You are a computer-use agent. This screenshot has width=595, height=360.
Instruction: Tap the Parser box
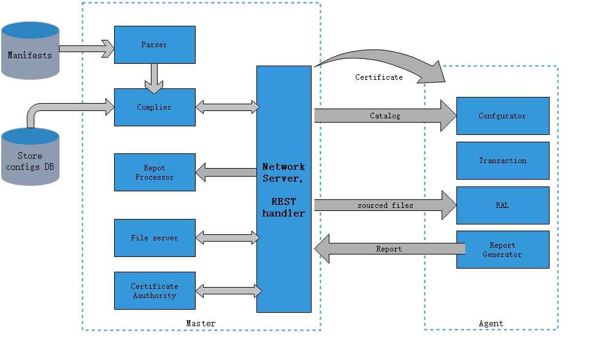click(x=155, y=45)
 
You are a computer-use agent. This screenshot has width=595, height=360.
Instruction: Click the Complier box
click(x=155, y=107)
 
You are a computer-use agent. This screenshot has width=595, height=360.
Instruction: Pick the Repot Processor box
click(x=155, y=172)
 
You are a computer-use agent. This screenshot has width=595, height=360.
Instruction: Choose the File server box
click(x=155, y=238)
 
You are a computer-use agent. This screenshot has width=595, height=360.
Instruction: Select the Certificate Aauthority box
click(x=155, y=291)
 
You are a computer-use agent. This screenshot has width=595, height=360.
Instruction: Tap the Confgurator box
click(x=502, y=116)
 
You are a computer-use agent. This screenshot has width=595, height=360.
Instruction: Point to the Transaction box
click(x=502, y=161)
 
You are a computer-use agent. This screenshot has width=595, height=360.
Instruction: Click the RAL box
click(x=502, y=205)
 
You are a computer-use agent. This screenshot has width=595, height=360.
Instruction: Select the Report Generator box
click(x=502, y=250)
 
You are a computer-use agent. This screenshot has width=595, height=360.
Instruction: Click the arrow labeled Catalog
click(x=385, y=116)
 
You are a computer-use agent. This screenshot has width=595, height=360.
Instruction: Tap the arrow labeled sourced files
click(x=385, y=205)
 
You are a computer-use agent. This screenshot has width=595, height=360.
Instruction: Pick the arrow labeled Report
click(x=389, y=249)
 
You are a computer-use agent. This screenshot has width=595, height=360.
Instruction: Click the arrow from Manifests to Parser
click(x=86, y=49)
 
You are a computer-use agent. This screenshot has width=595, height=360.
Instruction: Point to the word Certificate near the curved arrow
click(x=379, y=77)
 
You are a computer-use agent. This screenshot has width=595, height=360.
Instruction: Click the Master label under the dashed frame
click(x=201, y=323)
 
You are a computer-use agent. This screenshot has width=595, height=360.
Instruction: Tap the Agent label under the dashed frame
click(x=491, y=323)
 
